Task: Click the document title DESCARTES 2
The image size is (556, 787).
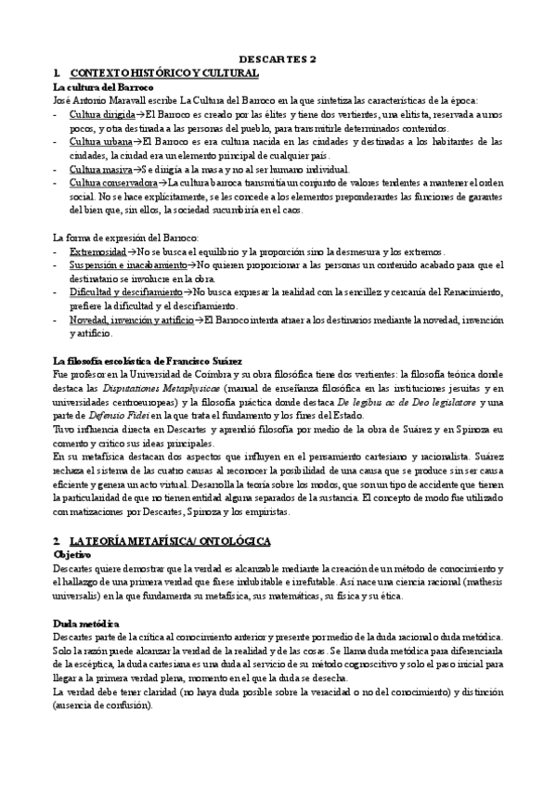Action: pos(278,58)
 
